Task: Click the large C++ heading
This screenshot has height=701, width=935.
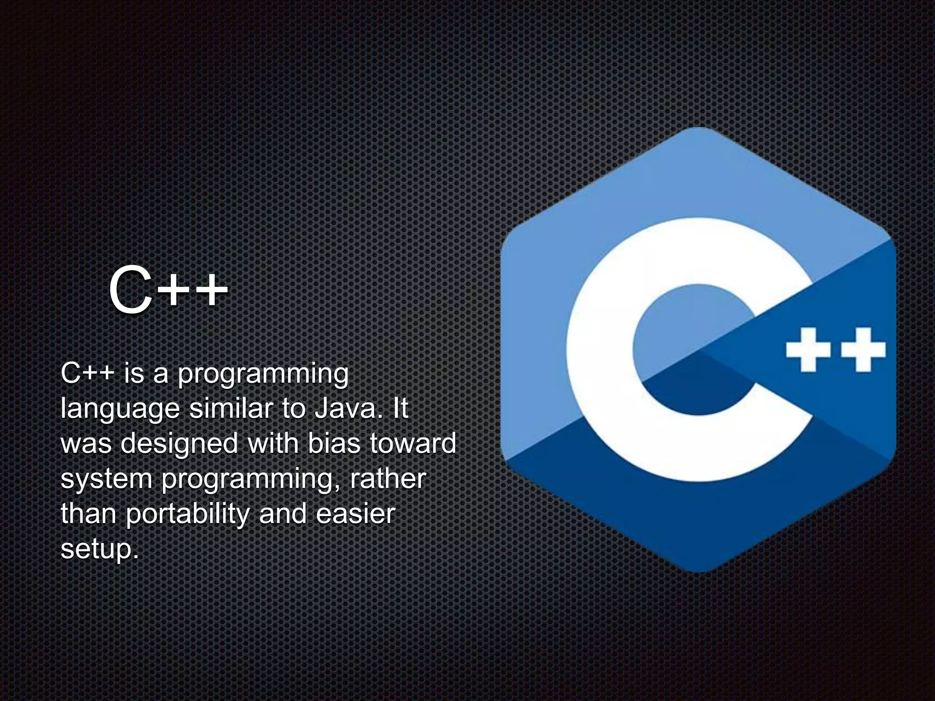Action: pyautogui.click(x=168, y=290)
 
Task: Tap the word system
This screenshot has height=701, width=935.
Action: pyautogui.click(x=106, y=479)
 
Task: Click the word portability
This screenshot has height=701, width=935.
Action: pyautogui.click(x=187, y=514)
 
